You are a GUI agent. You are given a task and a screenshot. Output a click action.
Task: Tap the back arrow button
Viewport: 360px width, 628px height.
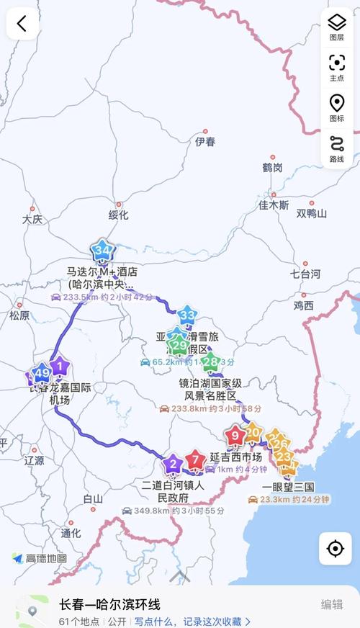pos(22,24)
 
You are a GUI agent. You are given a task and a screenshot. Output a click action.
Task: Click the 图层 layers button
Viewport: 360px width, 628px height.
pos(336,27)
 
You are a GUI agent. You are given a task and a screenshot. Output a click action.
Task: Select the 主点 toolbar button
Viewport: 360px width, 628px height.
pos(336,67)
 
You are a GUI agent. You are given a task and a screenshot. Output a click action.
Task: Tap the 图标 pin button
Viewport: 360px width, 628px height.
pos(336,107)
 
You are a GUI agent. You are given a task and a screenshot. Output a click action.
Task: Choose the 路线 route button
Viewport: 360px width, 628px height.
pos(336,148)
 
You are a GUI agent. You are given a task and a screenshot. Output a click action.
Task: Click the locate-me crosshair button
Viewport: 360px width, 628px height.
pos(335,549)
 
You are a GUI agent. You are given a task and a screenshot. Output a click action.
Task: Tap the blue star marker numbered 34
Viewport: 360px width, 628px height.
pos(103,251)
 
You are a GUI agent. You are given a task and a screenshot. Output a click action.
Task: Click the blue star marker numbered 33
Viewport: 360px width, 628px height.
pos(187,315)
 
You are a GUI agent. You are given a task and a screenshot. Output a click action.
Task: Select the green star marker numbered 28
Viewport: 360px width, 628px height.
pos(211,362)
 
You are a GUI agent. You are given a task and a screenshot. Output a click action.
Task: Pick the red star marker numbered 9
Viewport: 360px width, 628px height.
pos(235,435)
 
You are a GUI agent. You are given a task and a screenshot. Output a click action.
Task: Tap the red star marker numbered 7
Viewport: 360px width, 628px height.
pos(194,459)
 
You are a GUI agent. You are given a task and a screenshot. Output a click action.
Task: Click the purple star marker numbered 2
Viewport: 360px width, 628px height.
pos(172,463)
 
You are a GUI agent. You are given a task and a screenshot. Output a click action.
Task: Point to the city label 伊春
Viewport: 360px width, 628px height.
pos(205,142)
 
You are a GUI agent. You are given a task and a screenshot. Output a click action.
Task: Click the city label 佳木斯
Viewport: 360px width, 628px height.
pos(274,205)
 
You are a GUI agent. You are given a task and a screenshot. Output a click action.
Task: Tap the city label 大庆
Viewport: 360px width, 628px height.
pos(32,219)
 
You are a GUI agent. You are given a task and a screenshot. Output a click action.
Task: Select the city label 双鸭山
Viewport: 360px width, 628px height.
pos(311,214)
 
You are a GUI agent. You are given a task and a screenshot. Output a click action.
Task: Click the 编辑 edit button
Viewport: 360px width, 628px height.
pos(332,604)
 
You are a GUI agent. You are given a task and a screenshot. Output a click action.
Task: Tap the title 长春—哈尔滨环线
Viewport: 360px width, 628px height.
pos(109,604)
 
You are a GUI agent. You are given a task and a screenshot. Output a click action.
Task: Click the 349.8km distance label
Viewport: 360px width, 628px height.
pos(148,511)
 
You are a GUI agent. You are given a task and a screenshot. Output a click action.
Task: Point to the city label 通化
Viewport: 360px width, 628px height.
pos(71,533)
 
